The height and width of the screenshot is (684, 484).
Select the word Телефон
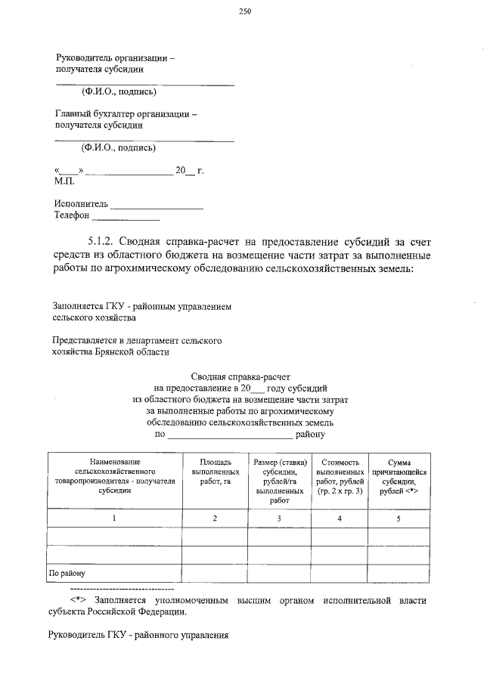[x=72, y=215]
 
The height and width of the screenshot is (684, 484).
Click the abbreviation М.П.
[x=64, y=182]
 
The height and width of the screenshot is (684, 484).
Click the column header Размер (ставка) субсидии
[x=279, y=480]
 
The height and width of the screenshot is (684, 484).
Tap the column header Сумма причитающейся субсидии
[x=399, y=476]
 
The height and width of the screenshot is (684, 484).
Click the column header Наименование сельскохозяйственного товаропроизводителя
[x=114, y=475]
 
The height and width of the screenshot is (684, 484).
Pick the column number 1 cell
[x=114, y=518]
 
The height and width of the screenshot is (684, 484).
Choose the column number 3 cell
[x=279, y=518]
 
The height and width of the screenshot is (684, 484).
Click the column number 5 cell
[x=399, y=518]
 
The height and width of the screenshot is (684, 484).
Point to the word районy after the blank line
[x=310, y=435]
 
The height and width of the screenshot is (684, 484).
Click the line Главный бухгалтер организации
[x=126, y=114]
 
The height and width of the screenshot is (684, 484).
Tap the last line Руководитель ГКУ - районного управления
[x=137, y=635]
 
